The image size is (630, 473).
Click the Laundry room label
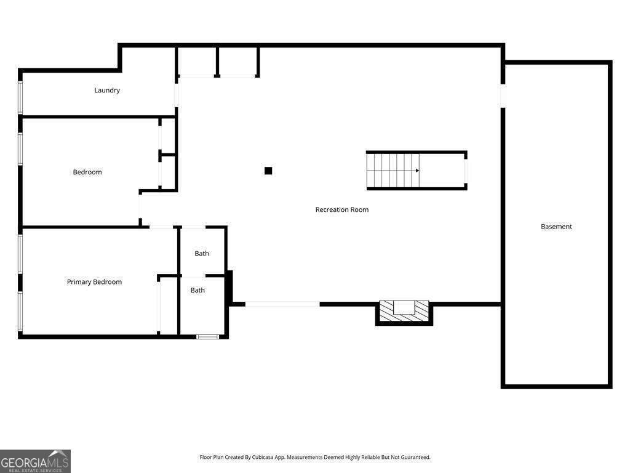click(107, 91)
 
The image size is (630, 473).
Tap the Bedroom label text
click(87, 172)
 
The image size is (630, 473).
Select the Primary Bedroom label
click(94, 282)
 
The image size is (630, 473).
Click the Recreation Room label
click(342, 210)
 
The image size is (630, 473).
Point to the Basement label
click(556, 227)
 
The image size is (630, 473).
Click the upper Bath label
click(202, 254)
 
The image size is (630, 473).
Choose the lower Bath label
click(197, 290)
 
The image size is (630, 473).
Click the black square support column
click(268, 171)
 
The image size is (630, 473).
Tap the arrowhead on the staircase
click(417, 171)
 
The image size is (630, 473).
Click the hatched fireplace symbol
click(404, 310)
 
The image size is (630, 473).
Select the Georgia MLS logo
click(35, 461)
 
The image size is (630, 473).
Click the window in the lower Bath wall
click(207, 337)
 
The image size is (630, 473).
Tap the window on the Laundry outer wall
click(20, 97)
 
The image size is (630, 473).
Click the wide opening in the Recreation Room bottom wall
click(282, 304)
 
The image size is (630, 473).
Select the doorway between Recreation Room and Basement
click(503, 95)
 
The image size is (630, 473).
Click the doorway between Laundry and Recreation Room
click(177, 95)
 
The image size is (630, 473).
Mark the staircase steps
click(393, 171)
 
